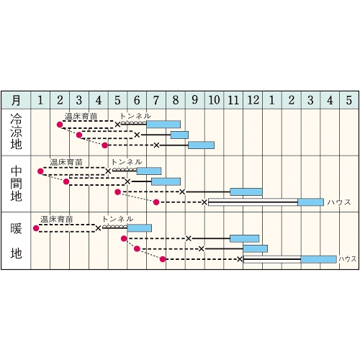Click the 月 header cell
(x=16, y=100)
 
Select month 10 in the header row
(x=214, y=100)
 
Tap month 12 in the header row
(x=253, y=100)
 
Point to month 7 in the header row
(x=156, y=100)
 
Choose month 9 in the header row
(x=194, y=100)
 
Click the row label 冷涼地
(x=16, y=132)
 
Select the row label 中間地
(x=16, y=184)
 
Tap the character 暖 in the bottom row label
(x=16, y=228)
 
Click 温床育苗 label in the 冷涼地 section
(x=81, y=117)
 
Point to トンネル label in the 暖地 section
(x=117, y=219)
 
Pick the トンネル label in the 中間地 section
(x=127, y=162)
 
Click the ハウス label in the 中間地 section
(x=339, y=202)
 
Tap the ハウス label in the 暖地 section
(x=347, y=259)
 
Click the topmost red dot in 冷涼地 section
(x=60, y=125)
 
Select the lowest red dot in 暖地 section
(x=163, y=259)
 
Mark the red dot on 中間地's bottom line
(x=156, y=202)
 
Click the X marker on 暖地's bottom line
(x=240, y=259)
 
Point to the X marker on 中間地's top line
(x=108, y=171)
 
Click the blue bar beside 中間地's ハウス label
(x=311, y=202)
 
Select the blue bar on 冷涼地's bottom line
(x=201, y=145)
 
